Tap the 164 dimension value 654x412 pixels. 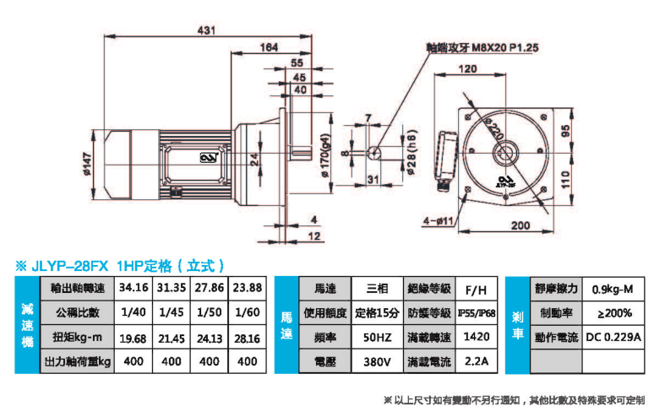[270, 48]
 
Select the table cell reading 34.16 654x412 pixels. [134, 287]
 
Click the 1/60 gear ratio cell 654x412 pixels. [248, 312]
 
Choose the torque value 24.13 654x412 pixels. [210, 338]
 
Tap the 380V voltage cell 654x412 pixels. [376, 363]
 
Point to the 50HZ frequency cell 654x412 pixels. [376, 338]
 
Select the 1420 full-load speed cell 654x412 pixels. [477, 338]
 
